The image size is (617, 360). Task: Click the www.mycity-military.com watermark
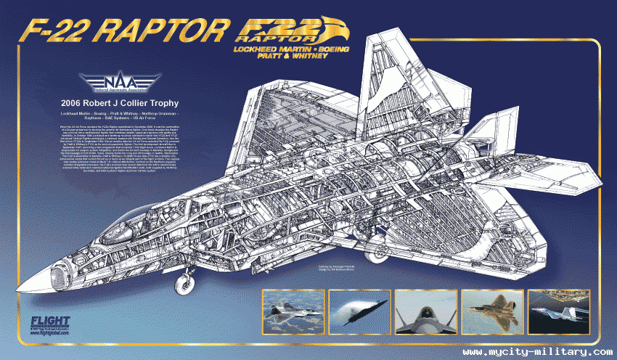click(x=528, y=351)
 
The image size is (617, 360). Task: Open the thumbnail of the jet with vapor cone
click(x=358, y=311)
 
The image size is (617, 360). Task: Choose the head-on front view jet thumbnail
click(x=424, y=311)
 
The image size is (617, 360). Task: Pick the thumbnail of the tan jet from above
click(x=490, y=311)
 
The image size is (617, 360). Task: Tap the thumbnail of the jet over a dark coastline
click(x=556, y=311)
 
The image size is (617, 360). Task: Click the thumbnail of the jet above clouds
click(x=292, y=311)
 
